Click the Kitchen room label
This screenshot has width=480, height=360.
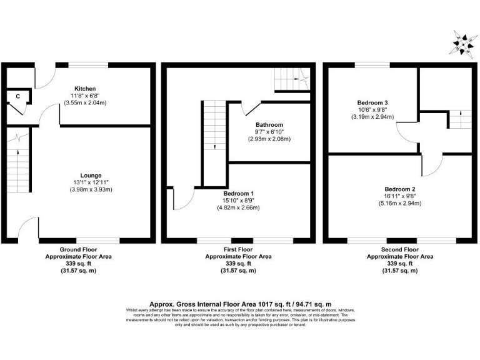coord(85,89)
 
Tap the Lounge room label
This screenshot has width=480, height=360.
coord(91,175)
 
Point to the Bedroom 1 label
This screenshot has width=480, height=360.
coord(239,192)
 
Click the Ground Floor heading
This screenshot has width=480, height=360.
coord(79,249)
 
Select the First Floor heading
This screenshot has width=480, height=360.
coord(239,249)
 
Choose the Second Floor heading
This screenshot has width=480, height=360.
coord(400,249)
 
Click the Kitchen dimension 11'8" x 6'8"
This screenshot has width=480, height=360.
coord(85,96)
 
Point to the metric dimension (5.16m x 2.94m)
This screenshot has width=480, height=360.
coord(400,203)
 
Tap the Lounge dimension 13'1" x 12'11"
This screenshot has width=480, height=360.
coord(91,182)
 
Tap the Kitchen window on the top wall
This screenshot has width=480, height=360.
coord(87,64)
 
